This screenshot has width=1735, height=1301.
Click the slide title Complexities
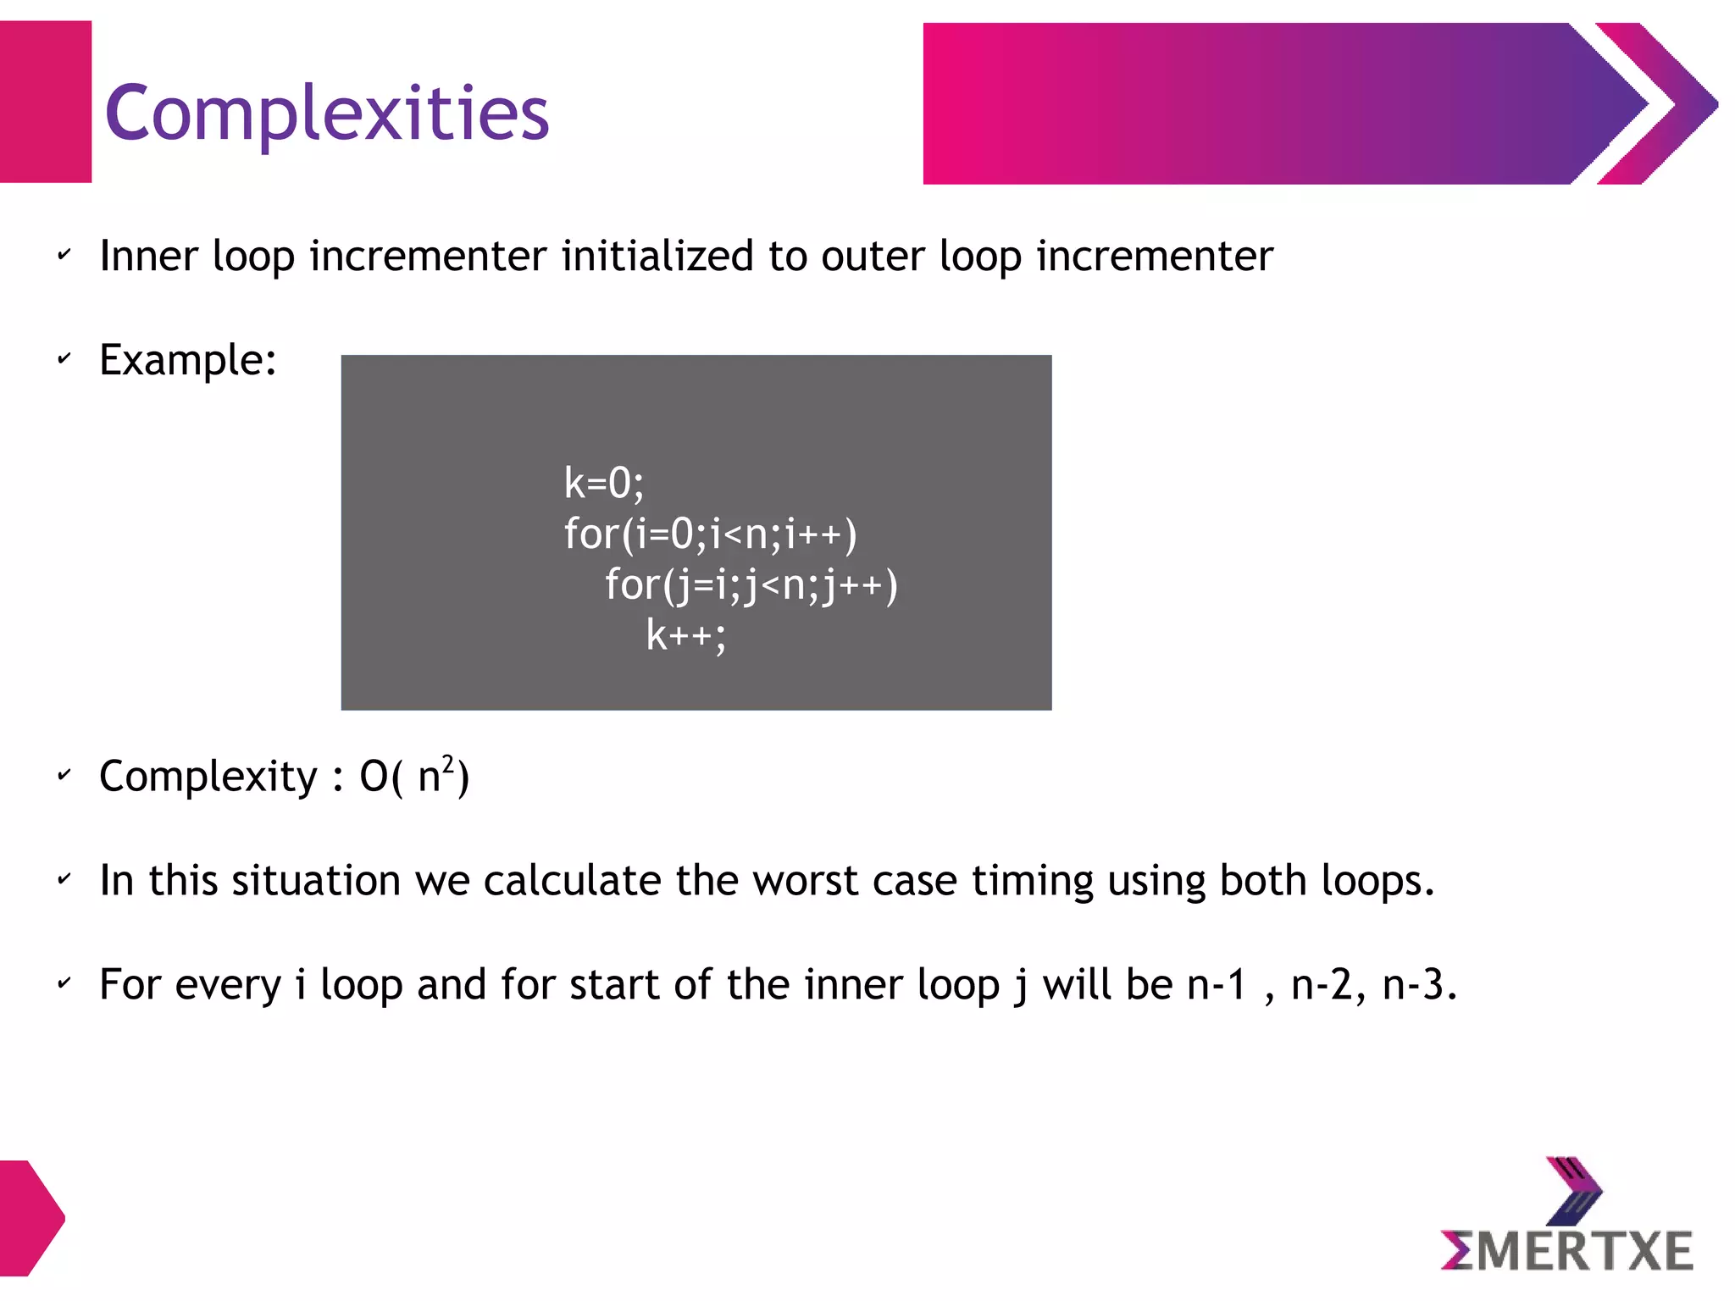pyautogui.click(x=327, y=113)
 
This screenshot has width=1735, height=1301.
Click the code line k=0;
pyautogui.click(x=603, y=484)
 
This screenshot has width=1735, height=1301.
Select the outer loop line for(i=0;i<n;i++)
pyautogui.click(x=710, y=534)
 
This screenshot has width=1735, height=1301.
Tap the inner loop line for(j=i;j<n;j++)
pyautogui.click(x=751, y=585)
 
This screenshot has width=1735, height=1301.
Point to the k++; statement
pyautogui.click(x=685, y=635)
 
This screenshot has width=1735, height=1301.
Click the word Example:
pyautogui.click(x=188, y=360)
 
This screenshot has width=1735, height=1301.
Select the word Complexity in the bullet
pyautogui.click(x=208, y=777)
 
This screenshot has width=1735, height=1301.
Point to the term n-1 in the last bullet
pyautogui.click(x=1217, y=985)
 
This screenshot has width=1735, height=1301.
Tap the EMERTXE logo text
pyautogui.click(x=1567, y=1252)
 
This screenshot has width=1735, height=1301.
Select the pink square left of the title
pyautogui.click(x=45, y=102)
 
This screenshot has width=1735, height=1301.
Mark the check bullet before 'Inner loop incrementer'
pyautogui.click(x=64, y=255)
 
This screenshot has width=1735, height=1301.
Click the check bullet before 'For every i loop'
pyautogui.click(x=64, y=984)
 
